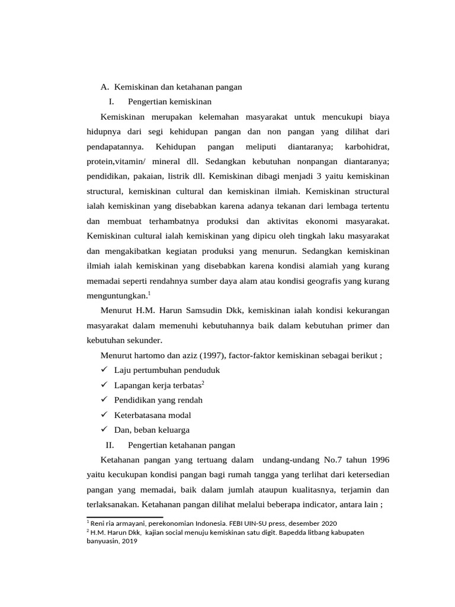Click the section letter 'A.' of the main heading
[105, 87]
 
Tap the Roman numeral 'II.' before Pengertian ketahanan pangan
[109, 445]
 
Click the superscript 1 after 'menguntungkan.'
[150, 292]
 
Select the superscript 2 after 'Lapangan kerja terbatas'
[203, 383]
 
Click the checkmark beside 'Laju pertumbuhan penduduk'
[103, 370]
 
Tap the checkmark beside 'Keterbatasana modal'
[103, 415]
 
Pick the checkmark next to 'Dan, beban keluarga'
[103, 430]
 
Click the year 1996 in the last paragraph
[379, 460]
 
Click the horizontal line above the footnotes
[124, 517]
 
